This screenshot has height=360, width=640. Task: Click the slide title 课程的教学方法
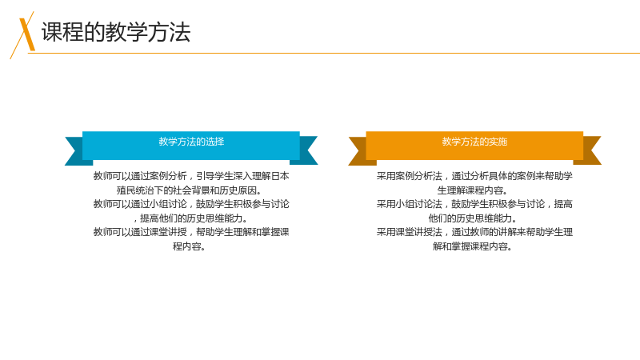pos(116,32)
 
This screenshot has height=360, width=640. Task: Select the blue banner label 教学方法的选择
pos(191,142)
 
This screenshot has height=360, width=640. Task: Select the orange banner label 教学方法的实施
pos(474,142)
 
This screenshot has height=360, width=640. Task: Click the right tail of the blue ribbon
pos(306,150)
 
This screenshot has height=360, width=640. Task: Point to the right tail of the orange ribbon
pos(590,150)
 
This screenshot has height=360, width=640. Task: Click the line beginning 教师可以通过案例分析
pos(191,176)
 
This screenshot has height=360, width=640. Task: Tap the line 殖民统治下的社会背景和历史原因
pos(190,190)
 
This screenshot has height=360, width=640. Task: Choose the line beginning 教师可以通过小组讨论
pos(191,204)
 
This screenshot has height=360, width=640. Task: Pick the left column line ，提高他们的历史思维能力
pos(191,218)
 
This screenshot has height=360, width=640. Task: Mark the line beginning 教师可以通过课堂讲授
pos(191,232)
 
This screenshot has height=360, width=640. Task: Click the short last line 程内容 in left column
pos(189,246)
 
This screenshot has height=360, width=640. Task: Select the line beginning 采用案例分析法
pos(474,176)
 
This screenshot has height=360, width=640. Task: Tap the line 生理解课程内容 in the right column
pos(472,190)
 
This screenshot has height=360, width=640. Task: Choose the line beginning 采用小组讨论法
pos(474,204)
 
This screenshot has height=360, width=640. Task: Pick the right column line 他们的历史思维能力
pos(472,218)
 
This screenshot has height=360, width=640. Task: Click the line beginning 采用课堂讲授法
pos(474,232)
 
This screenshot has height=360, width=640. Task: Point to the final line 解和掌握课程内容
pos(472,246)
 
